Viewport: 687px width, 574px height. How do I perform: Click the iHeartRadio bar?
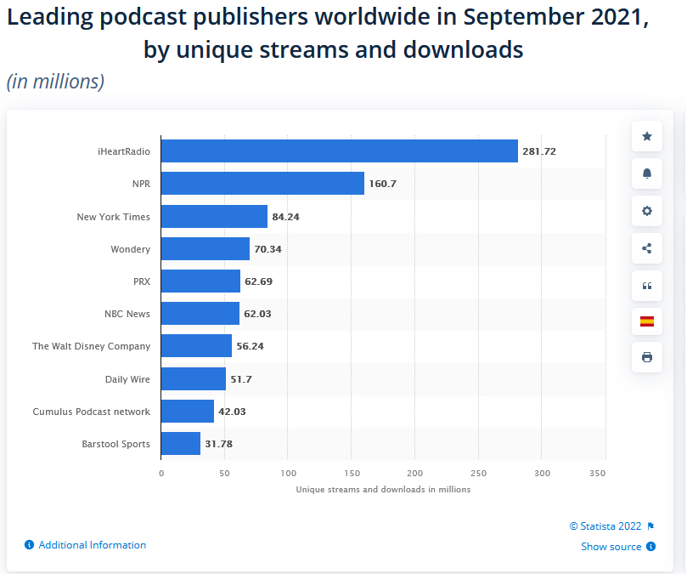(339, 151)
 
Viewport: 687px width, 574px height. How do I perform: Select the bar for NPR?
(262, 184)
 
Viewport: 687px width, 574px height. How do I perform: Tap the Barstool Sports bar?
(181, 444)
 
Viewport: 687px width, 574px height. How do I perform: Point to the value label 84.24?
(285, 217)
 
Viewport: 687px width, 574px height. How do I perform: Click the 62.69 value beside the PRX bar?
(259, 281)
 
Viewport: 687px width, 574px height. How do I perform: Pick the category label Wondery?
(130, 249)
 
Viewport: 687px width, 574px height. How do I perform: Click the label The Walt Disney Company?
(91, 346)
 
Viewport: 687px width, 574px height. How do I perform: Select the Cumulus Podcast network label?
(91, 412)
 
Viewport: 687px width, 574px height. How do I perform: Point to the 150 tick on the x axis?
(352, 473)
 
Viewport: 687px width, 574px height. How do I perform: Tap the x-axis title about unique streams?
(383, 490)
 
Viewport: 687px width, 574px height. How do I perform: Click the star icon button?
(646, 136)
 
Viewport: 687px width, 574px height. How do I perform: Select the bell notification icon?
(646, 173)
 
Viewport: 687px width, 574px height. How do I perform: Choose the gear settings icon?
(646, 211)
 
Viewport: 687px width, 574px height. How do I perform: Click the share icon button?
(646, 248)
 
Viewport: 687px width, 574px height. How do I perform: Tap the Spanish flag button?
(646, 321)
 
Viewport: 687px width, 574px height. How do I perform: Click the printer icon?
(646, 357)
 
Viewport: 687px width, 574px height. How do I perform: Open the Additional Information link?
(92, 545)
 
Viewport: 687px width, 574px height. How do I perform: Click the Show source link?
(611, 547)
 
